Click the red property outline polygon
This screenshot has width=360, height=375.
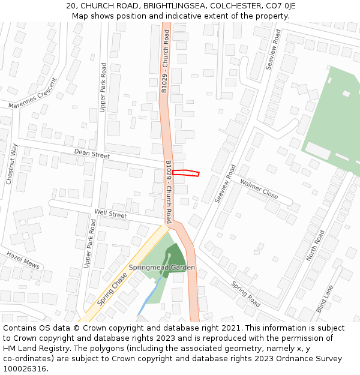click(185, 173)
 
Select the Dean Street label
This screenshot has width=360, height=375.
click(92, 155)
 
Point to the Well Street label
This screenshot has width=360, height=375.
click(110, 214)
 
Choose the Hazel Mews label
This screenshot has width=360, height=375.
click(23, 260)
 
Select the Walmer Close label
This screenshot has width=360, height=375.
click(259, 188)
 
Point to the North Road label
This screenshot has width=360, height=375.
click(315, 245)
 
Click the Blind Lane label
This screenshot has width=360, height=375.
click(325, 298)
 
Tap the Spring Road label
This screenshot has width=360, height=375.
click(245, 294)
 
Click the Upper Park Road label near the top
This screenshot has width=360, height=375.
click(103, 87)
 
